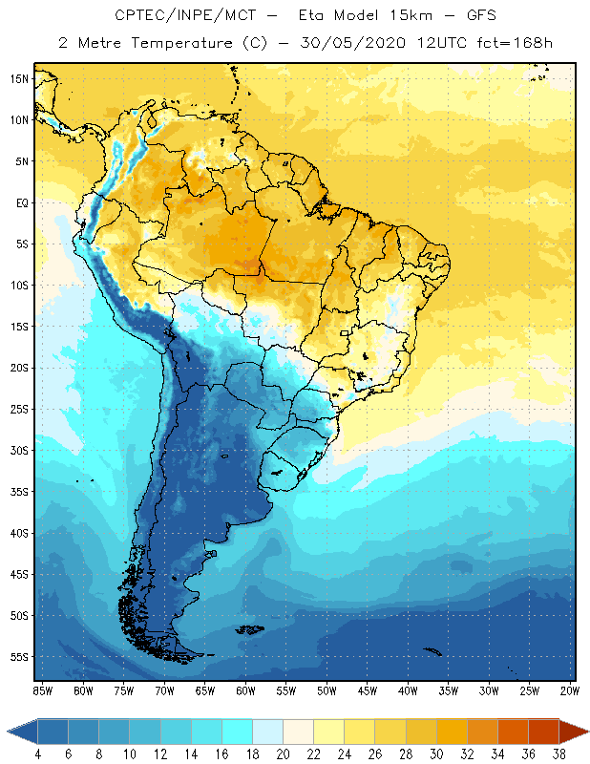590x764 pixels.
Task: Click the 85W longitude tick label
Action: pyautogui.click(x=42, y=690)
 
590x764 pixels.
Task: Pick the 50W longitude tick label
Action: pyautogui.click(x=327, y=690)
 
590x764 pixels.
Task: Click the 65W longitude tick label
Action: pyautogui.click(x=205, y=690)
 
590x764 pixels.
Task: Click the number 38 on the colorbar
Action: pyautogui.click(x=559, y=753)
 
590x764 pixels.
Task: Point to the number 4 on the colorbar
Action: pyautogui.click(x=37, y=753)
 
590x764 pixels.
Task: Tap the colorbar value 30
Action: pyautogui.click(x=436, y=753)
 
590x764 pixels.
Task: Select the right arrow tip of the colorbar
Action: pyautogui.click(x=585, y=732)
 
